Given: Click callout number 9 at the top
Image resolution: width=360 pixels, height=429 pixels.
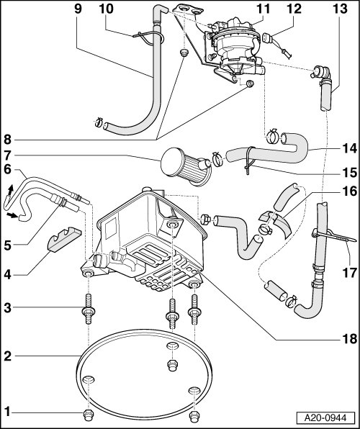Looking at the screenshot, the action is pos(78,9).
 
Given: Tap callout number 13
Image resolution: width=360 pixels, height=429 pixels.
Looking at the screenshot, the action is pos(340,9).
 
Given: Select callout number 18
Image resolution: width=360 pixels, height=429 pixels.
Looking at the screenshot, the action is pos(349,339).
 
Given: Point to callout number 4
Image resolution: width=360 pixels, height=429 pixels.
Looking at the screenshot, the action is pos(7,274).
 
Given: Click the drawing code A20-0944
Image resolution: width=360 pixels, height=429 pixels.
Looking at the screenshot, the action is pos(325,417).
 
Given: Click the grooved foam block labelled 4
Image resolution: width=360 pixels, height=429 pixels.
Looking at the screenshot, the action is pos(65,240).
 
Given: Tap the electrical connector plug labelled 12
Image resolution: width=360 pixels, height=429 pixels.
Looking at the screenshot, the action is pos(268,38).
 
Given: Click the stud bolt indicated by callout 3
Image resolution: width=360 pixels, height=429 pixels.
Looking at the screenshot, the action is pos(88,309).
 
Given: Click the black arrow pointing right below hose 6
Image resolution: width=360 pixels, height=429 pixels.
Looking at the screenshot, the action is pos(12,216).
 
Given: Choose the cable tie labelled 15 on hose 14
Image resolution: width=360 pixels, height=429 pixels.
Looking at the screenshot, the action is pos(248,161).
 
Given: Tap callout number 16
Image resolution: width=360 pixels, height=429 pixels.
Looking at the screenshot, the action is pos(349,191).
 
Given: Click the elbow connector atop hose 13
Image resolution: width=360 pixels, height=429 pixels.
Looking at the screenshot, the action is pos(322,74).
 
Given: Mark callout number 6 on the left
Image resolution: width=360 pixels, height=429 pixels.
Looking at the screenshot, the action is pos(7,170).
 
